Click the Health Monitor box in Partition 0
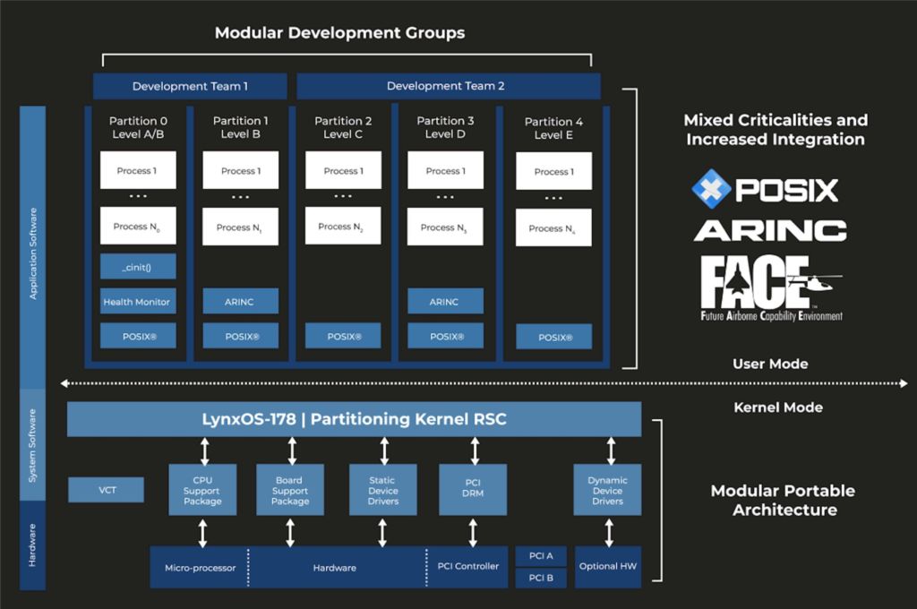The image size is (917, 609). [137, 302]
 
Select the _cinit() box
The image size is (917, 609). [137, 266]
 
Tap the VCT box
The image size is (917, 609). [106, 490]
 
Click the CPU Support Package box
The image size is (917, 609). [202, 490]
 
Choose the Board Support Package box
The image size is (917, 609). [289, 490]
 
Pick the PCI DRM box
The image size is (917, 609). [473, 490]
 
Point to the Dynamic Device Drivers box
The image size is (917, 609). [607, 490]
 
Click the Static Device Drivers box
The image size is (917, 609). [382, 490]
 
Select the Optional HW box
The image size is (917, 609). [607, 567]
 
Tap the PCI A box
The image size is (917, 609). [541, 556]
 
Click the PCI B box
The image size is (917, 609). [541, 578]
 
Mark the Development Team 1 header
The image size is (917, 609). [190, 86]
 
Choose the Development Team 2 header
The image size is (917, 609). [448, 86]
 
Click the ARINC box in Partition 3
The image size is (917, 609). [445, 302]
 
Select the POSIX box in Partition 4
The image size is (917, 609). [553, 338]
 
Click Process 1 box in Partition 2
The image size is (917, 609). [343, 171]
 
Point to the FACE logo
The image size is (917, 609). [770, 287]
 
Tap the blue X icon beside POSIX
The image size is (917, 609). [711, 189]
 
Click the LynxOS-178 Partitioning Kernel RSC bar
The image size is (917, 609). [354, 419]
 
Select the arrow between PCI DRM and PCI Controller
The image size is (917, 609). [473, 531]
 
